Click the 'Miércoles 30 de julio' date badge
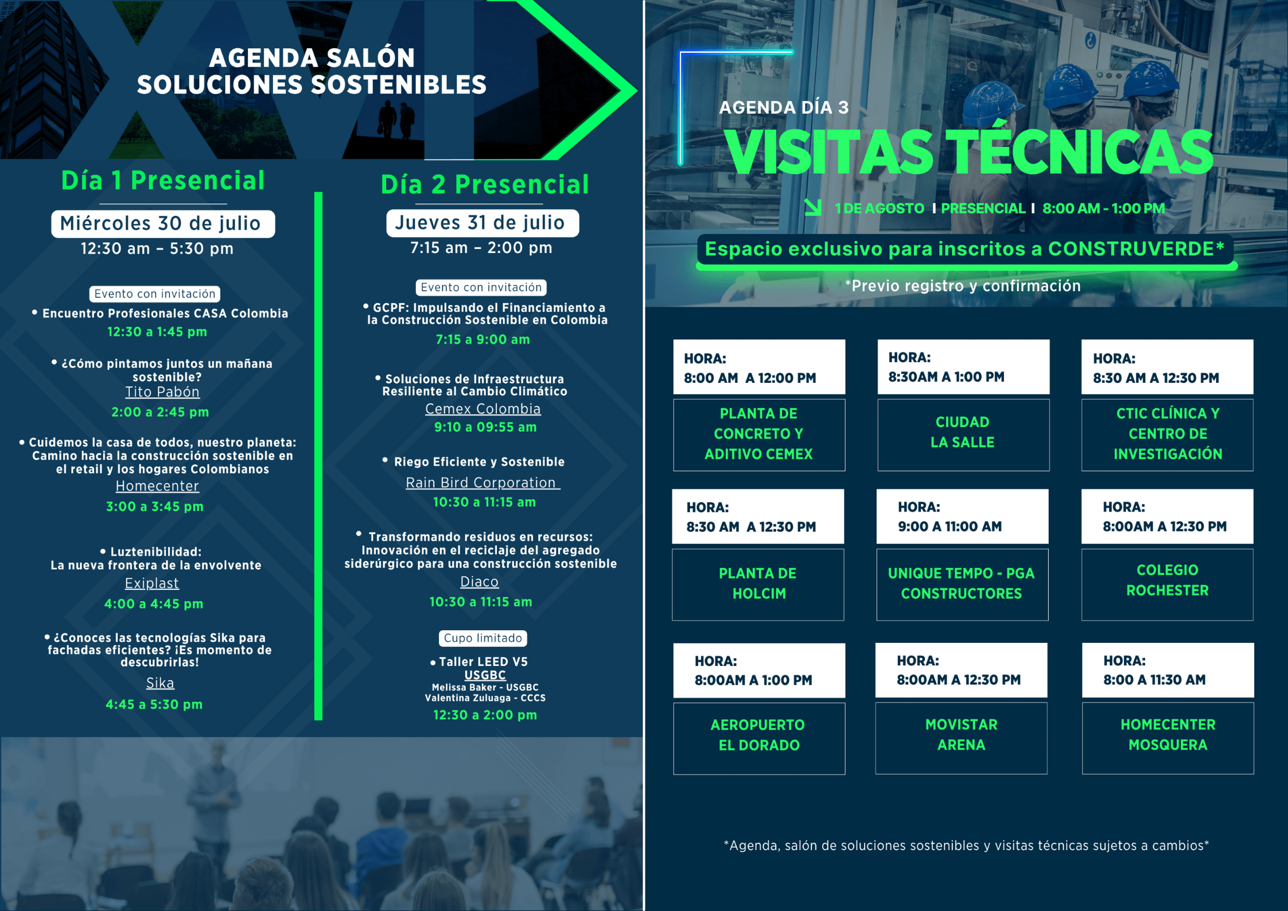163,223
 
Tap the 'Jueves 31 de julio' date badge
482,223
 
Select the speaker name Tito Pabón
162,392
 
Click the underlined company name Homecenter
157,486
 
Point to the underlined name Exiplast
152,583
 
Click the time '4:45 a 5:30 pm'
154,704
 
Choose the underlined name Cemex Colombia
482,409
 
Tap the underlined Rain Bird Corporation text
482,483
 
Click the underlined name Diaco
479,582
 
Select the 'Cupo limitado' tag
483,638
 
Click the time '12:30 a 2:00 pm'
485,715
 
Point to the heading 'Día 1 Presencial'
163,181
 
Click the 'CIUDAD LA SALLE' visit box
963,435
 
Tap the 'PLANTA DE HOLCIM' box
758,584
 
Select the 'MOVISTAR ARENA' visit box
961,738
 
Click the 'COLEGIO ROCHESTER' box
1168,584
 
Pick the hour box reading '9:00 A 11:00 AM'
962,517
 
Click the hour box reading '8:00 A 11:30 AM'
1168,670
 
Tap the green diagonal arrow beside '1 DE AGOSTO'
813,207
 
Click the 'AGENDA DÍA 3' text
784,107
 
